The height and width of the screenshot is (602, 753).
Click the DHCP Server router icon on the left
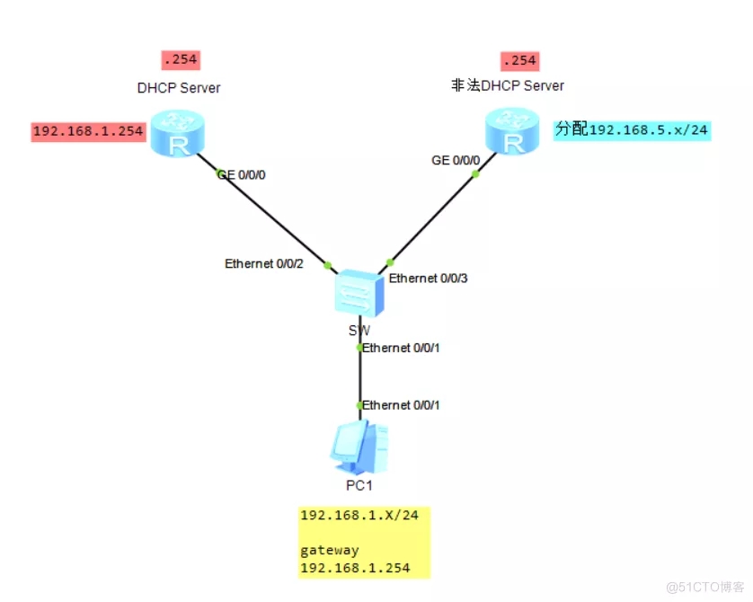pyautogui.click(x=176, y=133)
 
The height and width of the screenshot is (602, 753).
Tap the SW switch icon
pyautogui.click(x=359, y=293)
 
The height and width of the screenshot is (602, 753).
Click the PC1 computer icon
pyautogui.click(x=360, y=447)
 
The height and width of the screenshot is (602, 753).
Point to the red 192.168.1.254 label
pyautogui.click(x=88, y=132)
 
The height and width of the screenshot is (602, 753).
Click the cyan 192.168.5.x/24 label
pyautogui.click(x=632, y=129)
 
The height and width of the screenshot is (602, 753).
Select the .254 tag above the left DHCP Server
pyautogui.click(x=180, y=60)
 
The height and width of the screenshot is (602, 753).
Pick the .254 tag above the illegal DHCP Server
pyautogui.click(x=519, y=60)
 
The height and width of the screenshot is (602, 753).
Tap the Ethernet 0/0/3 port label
pyautogui.click(x=429, y=279)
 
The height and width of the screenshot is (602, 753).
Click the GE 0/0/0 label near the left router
pyautogui.click(x=241, y=175)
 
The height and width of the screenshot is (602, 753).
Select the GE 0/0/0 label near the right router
pyautogui.click(x=456, y=160)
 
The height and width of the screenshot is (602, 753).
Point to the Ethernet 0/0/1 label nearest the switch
pyautogui.click(x=401, y=348)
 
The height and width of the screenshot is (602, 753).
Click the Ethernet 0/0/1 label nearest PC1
pyautogui.click(x=401, y=405)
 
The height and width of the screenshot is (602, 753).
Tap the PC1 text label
pyautogui.click(x=359, y=485)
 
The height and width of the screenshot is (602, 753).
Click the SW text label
pyautogui.click(x=359, y=330)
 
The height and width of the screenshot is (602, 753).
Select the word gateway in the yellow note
pyautogui.click(x=330, y=550)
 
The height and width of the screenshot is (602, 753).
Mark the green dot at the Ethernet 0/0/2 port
pyautogui.click(x=328, y=265)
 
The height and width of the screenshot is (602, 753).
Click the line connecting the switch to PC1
pyautogui.click(x=360, y=377)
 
